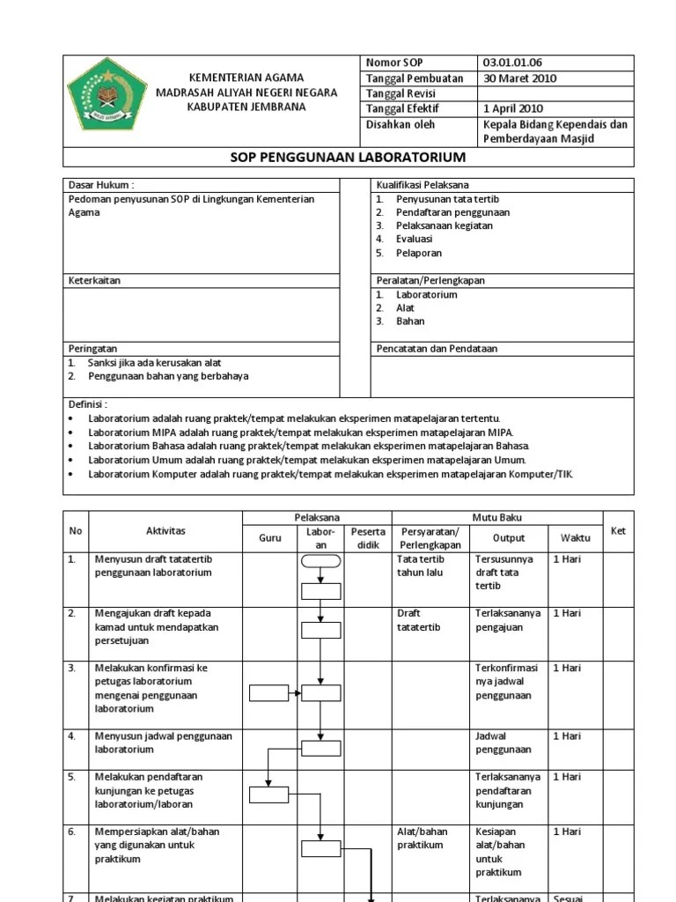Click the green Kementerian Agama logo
tap(107, 93)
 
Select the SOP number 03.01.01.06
tap(512, 63)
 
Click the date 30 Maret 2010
tap(519, 78)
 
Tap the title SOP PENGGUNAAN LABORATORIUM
tap(348, 158)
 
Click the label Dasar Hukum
tap(101, 185)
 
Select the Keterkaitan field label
tap(94, 281)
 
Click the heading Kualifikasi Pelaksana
tap(422, 185)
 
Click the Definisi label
tap(88, 404)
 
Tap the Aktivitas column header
tap(165, 531)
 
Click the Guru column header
tap(270, 537)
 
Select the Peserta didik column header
tap(368, 538)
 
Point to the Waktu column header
tap(576, 537)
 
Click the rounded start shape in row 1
tap(320, 560)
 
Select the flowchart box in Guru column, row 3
tap(268, 693)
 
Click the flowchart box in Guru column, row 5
tap(268, 795)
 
